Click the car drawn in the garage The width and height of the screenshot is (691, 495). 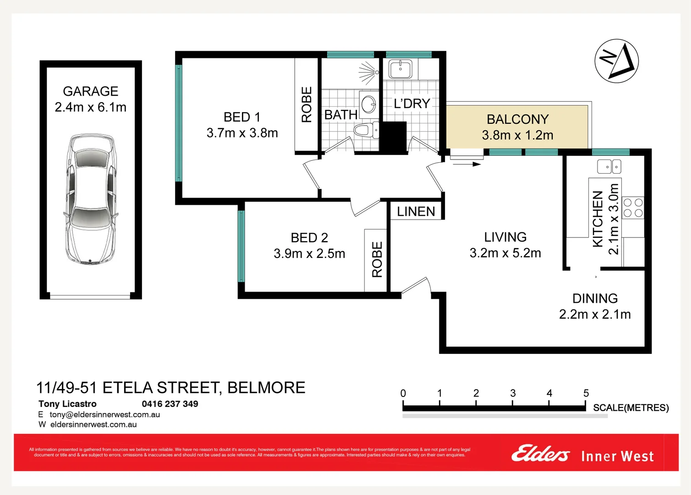coord(90,199)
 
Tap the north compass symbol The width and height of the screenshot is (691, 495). coord(616,61)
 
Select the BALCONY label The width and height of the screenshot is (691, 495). coord(517,119)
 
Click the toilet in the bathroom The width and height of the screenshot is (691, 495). coord(365,130)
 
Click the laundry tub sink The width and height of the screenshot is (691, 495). coord(400,69)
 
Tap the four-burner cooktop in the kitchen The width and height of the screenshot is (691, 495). coord(633,208)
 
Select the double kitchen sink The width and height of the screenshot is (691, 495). coord(609,166)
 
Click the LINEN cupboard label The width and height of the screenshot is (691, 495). coord(416,211)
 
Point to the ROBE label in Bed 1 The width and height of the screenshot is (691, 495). coord(307,104)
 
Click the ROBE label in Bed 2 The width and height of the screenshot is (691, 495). coord(377,259)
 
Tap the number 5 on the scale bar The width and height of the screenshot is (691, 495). coord(586,393)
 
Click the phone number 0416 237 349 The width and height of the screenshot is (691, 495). coord(170,404)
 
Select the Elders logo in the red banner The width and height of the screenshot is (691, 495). coord(540,454)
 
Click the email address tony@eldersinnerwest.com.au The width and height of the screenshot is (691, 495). coord(104,414)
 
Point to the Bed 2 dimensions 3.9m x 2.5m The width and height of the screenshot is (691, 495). coord(309,253)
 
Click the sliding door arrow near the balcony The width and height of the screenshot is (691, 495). coord(467,164)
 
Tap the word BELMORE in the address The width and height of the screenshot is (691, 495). coord(266,388)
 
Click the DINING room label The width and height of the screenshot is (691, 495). coord(595,298)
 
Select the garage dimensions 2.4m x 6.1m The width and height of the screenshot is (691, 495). coord(90,107)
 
